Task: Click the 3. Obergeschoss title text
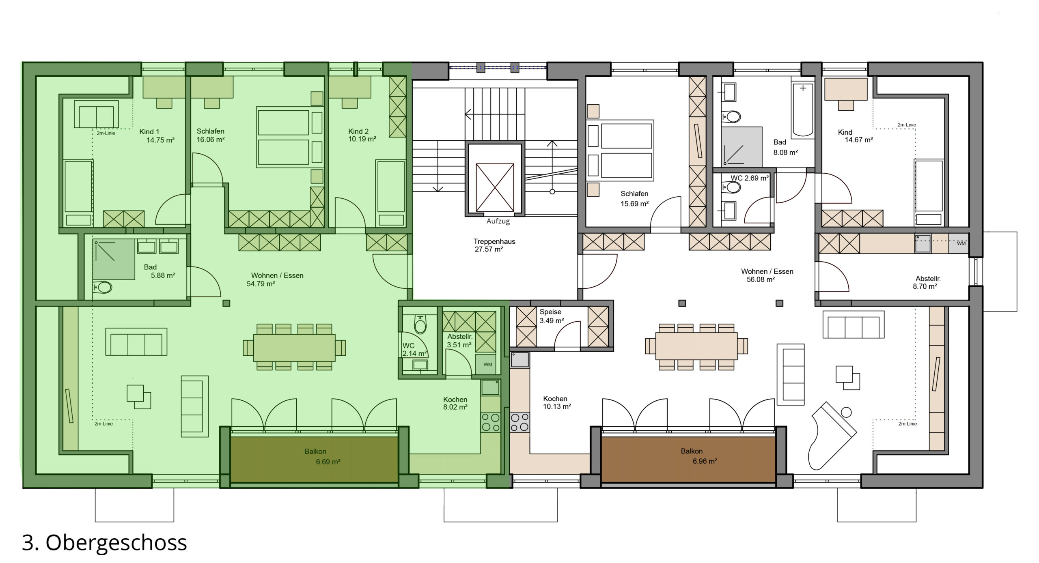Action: coord(104,543)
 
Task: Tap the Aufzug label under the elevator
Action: coord(498,221)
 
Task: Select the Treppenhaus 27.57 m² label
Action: coord(494,245)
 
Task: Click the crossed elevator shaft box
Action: coord(495,187)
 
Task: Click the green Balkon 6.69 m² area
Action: coord(315,459)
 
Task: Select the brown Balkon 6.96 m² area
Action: coord(688,459)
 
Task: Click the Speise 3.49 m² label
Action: coord(552,316)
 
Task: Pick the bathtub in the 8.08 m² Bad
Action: coord(803,110)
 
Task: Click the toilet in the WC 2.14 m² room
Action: coord(420,324)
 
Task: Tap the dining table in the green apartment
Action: coord(294,347)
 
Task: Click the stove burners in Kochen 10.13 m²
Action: coord(520,422)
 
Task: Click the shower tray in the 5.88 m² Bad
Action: coord(114,259)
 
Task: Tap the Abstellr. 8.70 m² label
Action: coord(927,282)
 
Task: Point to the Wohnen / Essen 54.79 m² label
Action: coord(276,279)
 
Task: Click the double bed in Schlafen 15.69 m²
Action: coord(620,150)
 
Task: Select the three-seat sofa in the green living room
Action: coord(136,342)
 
